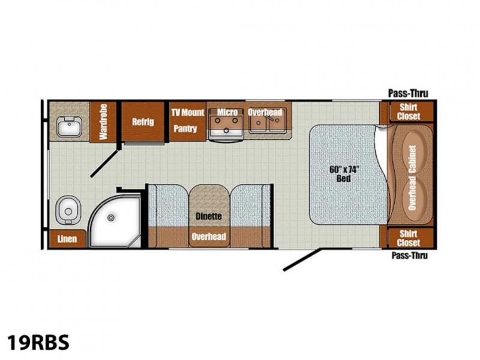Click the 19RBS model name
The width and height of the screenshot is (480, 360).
38,342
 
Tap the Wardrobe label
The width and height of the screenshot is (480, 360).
103,122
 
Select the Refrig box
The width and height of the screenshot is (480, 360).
143,122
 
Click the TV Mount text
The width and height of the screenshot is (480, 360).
188,112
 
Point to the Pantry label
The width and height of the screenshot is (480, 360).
185,128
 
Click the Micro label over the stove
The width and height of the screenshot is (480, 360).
227,112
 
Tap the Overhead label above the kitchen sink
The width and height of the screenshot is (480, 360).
265,112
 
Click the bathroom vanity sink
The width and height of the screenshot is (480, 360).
69,126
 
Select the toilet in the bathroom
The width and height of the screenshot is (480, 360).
68,211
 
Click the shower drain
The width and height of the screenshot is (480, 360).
111,218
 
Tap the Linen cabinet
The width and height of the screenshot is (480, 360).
67,238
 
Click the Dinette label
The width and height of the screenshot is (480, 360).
208,217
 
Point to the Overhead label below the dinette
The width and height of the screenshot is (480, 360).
209,236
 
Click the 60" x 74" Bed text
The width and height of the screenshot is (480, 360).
344,173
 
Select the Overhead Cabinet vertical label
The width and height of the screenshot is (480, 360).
412,178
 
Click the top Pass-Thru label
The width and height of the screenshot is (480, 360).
408,94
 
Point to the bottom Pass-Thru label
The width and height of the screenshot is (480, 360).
410,256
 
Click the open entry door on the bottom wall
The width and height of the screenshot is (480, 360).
302,260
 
